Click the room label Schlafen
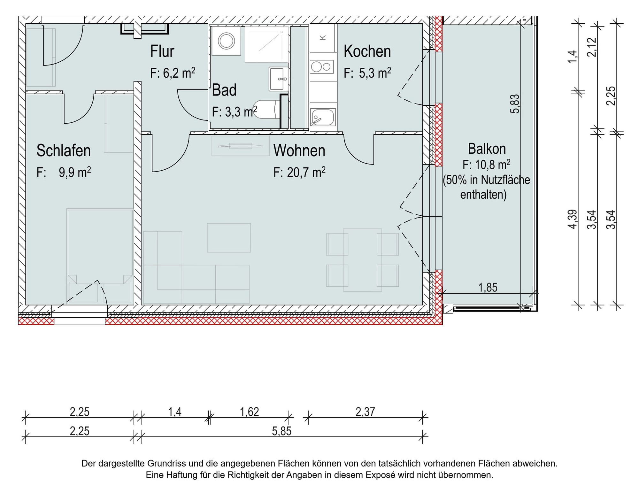tap(64, 150)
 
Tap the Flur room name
tap(162, 51)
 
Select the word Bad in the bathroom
tap(224, 90)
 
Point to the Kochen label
tap(367, 51)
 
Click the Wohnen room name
tap(299, 150)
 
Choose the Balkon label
tap(487, 149)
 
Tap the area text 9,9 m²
tap(75, 172)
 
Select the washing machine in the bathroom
tap(227, 41)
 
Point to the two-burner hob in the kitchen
tap(322, 67)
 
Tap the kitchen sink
tap(322, 117)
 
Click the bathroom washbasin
tap(278, 79)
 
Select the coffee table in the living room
tap(229, 238)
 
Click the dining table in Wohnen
tap(362, 260)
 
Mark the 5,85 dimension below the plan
tap(281, 431)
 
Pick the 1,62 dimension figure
tap(249, 412)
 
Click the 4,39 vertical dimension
tap(573, 219)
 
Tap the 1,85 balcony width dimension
tap(488, 288)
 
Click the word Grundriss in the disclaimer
tap(166, 463)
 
